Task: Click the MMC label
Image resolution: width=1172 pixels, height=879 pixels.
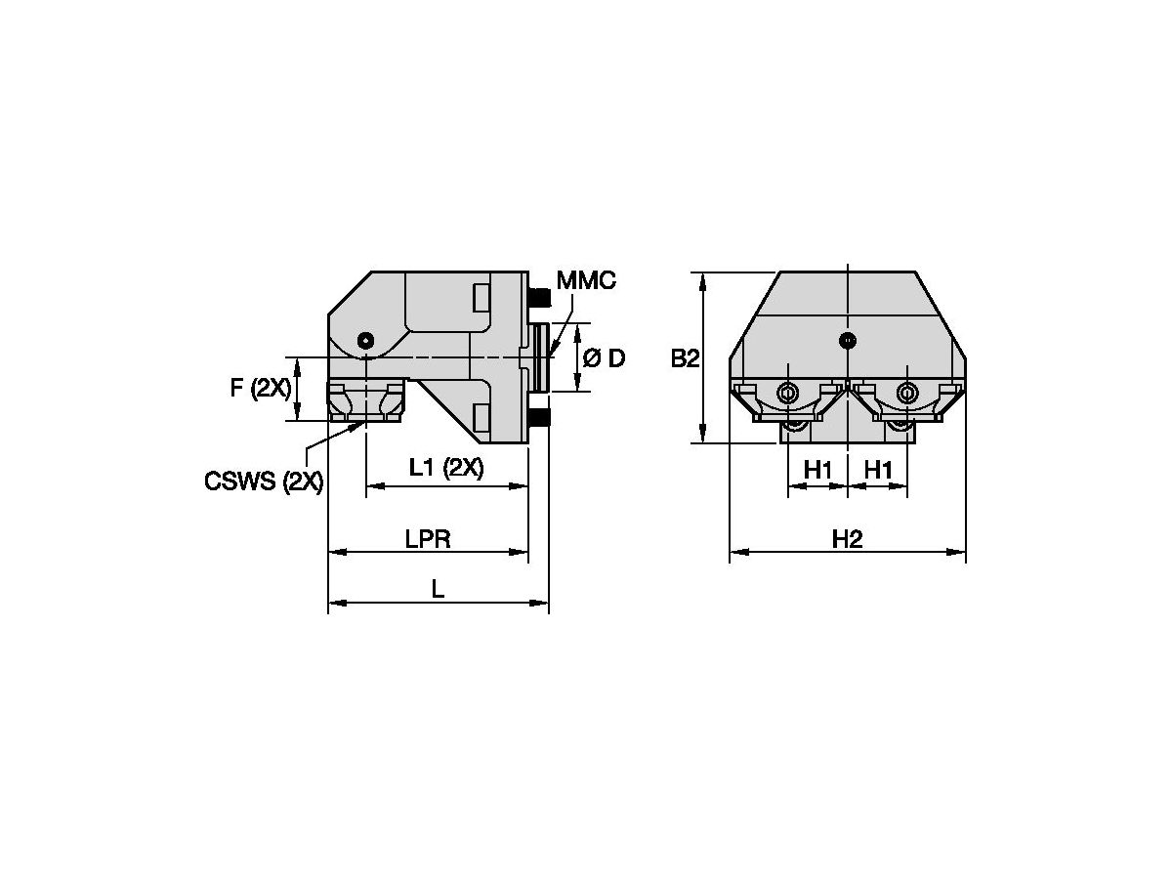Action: [x=586, y=281]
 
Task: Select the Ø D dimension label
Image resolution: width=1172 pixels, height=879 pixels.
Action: [x=604, y=358]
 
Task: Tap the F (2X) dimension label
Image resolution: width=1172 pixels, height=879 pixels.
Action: [x=260, y=388]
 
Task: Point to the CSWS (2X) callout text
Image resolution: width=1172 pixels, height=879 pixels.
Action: [x=264, y=481]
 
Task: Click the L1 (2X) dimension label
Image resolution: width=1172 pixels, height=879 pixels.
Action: [x=445, y=469]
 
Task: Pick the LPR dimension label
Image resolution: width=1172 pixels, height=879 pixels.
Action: [x=428, y=538]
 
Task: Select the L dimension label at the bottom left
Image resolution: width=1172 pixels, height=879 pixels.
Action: [x=439, y=589]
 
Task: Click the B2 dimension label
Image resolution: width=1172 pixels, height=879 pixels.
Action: [x=685, y=358]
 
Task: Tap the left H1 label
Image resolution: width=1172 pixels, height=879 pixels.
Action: [x=817, y=471]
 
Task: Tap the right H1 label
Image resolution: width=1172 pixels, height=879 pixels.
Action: [x=878, y=471]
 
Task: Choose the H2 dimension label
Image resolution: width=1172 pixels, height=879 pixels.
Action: [x=847, y=538]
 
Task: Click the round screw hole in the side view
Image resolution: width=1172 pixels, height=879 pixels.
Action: [x=365, y=340]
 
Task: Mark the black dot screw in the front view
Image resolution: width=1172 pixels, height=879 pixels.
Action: [x=848, y=341]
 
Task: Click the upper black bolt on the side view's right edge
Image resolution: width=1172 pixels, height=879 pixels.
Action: [x=537, y=295]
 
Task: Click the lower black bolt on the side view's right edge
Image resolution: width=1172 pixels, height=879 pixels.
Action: [x=537, y=420]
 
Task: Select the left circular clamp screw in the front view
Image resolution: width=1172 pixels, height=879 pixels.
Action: [x=787, y=394]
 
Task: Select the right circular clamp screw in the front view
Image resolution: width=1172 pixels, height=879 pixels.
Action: [x=907, y=394]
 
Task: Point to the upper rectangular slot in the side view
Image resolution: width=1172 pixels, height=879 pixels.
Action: [x=481, y=298]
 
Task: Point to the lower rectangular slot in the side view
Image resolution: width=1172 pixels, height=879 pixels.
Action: [x=481, y=418]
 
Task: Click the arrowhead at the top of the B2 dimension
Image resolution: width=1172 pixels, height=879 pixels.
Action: [x=702, y=279]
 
